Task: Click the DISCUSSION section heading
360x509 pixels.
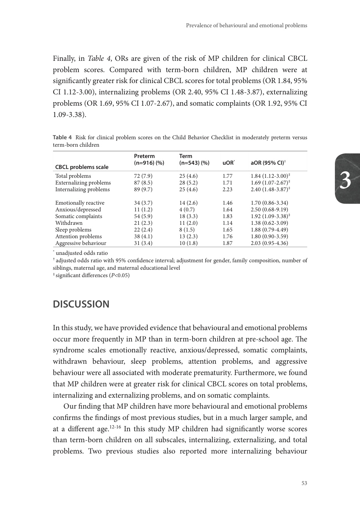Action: (81, 304)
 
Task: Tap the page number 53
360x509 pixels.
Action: (304, 483)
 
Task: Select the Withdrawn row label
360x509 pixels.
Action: (69, 223)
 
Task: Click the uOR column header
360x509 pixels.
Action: (228, 163)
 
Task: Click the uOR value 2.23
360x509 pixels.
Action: (228, 189)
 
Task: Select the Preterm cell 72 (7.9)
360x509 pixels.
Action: (143, 176)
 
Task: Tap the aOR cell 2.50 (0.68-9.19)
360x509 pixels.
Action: (269, 210)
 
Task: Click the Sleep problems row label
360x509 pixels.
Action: (73, 230)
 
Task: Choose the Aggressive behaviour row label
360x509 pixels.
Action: (81, 243)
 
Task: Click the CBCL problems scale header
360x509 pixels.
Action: (82, 167)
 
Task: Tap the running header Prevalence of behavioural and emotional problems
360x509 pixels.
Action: (246, 25)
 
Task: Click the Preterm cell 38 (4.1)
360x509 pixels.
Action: (143, 236)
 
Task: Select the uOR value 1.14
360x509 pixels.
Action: (228, 223)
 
